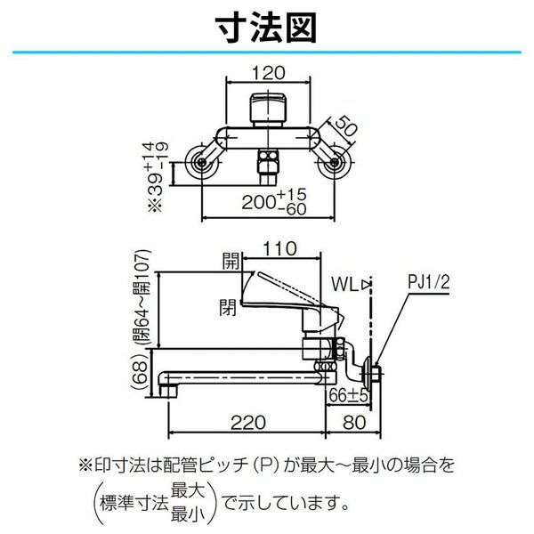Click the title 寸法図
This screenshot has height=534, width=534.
pyautogui.click(x=266, y=28)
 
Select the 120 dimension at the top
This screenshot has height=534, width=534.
pyautogui.click(x=269, y=73)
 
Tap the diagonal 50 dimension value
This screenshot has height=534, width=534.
pyautogui.click(x=346, y=125)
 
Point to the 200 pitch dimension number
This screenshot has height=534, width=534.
pyautogui.click(x=258, y=202)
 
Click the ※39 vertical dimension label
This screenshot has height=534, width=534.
pyautogui.click(x=158, y=176)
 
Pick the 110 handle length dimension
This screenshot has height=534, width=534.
pyautogui.click(x=279, y=248)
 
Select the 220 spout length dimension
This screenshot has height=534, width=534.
pyautogui.click(x=248, y=423)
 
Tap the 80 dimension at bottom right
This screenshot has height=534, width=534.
pyautogui.click(x=354, y=423)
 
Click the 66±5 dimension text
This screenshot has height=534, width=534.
pyautogui.click(x=348, y=396)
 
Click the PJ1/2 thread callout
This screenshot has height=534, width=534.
pyautogui.click(x=429, y=282)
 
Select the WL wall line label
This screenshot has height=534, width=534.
pyautogui.click(x=344, y=284)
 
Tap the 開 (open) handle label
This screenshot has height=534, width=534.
pyautogui.click(x=231, y=261)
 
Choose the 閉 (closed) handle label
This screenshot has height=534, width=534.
pyautogui.click(x=228, y=307)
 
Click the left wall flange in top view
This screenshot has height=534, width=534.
pyautogui.click(x=202, y=163)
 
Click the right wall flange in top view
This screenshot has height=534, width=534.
pyautogui.click(x=335, y=163)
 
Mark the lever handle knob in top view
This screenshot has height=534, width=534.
pyautogui.click(x=268, y=108)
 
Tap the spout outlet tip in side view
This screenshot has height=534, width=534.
pyautogui.click(x=168, y=391)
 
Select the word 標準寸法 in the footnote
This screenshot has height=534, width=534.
pyautogui.click(x=133, y=504)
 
